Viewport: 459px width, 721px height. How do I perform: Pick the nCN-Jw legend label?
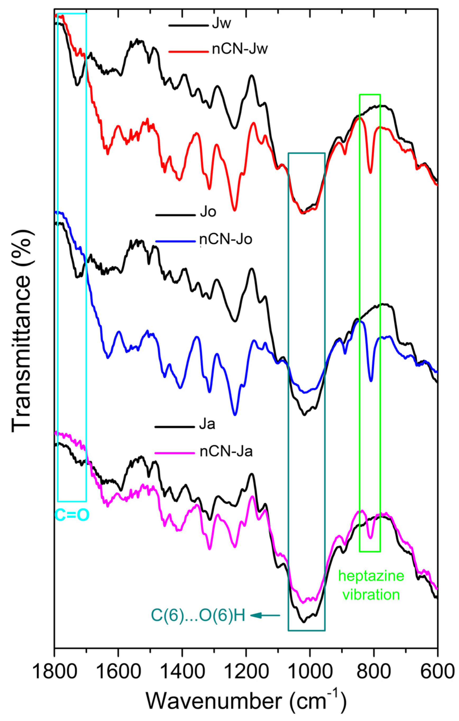click(240, 49)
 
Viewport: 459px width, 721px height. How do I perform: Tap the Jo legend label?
click(208, 212)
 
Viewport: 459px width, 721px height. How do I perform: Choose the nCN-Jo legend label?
click(226, 240)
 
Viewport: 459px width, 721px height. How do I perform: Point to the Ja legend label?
click(207, 425)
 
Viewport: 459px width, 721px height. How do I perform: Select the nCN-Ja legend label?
click(226, 452)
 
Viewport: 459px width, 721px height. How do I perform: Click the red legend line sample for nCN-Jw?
click(188, 52)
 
